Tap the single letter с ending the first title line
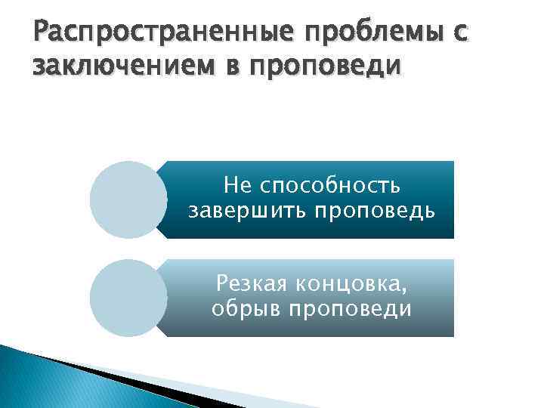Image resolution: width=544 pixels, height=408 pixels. pyautogui.click(x=460, y=33)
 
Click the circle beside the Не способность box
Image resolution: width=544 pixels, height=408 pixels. pyautogui.click(x=127, y=199)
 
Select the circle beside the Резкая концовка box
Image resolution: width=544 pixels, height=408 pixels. pyautogui.click(x=127, y=298)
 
